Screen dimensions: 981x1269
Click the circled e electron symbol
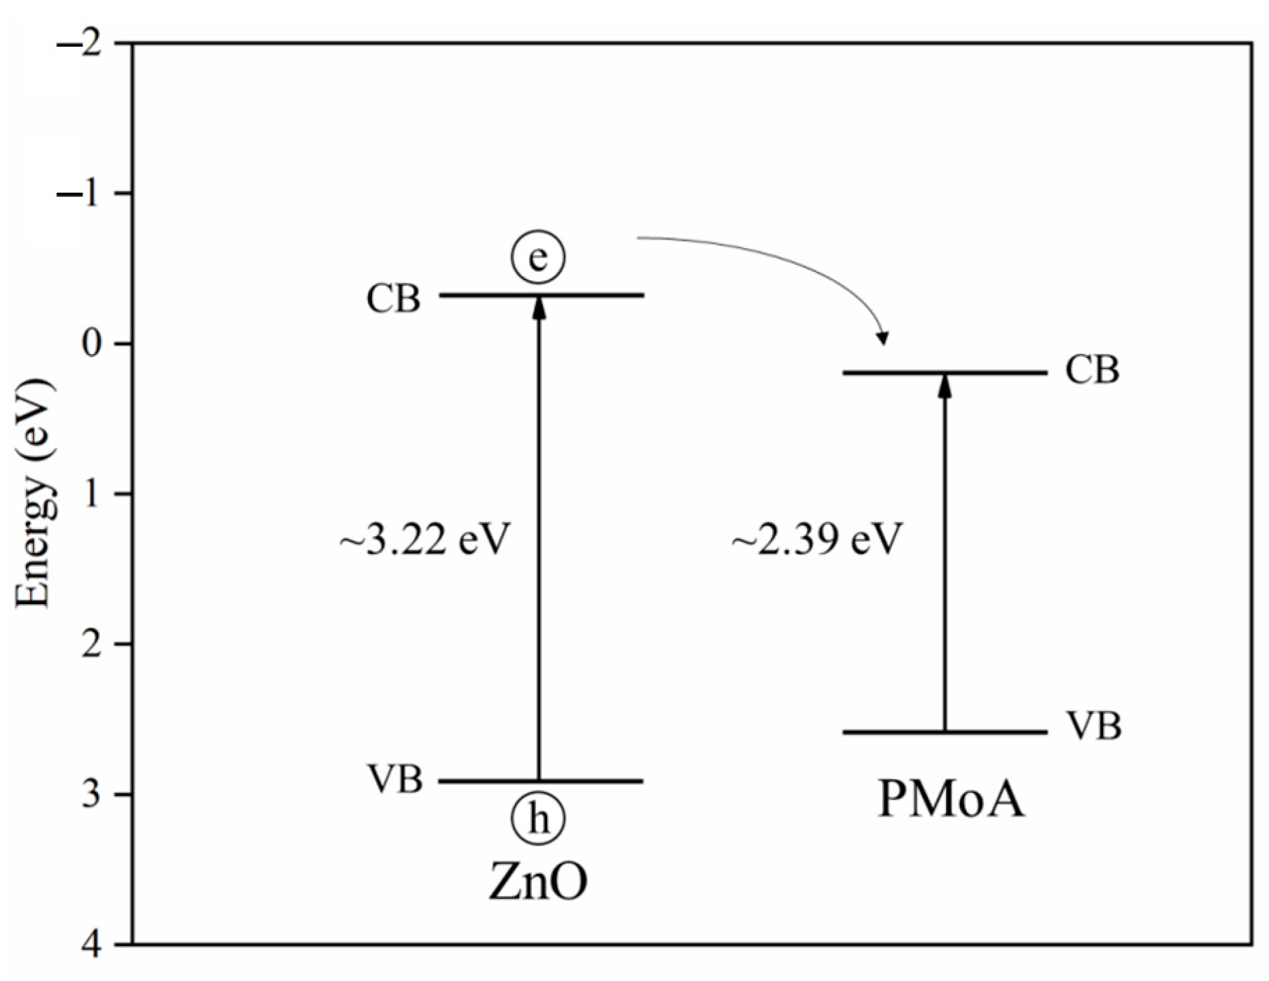(537, 258)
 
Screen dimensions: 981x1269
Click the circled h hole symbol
(537, 818)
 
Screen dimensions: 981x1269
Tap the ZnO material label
(537, 884)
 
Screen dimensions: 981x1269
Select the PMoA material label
(951, 800)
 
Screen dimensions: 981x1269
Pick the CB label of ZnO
(393, 299)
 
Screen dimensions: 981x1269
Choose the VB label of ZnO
(395, 778)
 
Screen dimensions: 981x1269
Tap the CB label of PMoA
(1092, 370)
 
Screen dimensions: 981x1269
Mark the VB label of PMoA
(1093, 727)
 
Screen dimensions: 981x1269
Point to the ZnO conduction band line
(596, 295)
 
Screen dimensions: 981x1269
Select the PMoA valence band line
(995, 733)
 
